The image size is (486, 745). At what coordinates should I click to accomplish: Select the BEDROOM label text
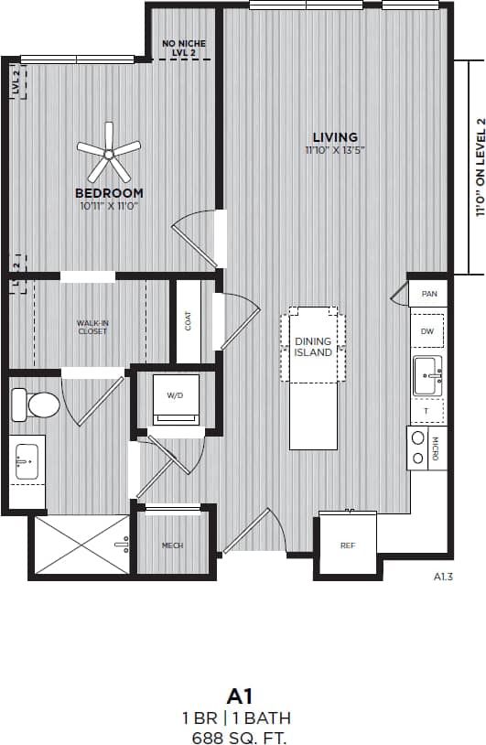[x=109, y=193]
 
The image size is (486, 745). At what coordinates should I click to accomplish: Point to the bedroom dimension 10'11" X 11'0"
[x=109, y=207]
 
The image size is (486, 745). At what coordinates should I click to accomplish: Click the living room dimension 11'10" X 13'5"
[x=336, y=151]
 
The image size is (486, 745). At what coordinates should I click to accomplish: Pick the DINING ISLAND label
[x=313, y=347]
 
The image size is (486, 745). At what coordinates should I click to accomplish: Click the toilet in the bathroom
[x=31, y=403]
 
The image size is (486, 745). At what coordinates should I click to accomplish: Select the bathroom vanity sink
[x=27, y=462]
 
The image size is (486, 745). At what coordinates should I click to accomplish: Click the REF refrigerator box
[x=347, y=545]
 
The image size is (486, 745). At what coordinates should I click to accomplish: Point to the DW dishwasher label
[x=427, y=331]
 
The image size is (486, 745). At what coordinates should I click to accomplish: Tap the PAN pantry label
[x=427, y=294]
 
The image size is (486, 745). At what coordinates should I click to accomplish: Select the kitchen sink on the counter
[x=427, y=375]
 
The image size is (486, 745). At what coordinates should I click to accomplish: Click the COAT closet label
[x=189, y=320]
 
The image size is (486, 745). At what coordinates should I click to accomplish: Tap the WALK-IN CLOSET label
[x=92, y=327]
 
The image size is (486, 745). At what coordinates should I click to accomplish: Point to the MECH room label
[x=172, y=545]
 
